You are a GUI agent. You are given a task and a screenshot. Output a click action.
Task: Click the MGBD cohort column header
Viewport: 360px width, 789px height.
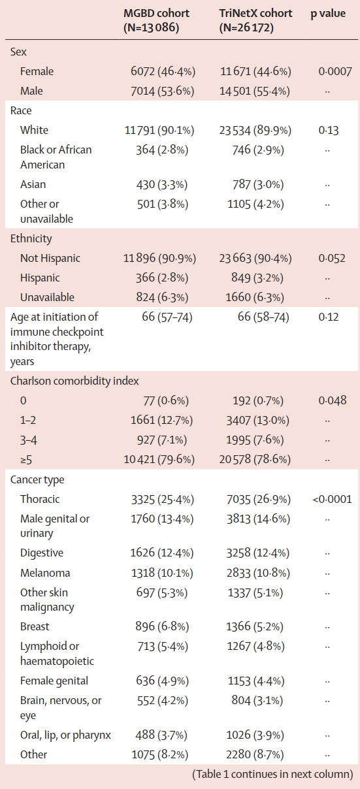coord(156,20)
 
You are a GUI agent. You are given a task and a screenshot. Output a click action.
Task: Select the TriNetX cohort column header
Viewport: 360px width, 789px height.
coord(255,20)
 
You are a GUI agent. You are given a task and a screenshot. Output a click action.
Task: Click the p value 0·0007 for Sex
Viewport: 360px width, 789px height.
coord(335,71)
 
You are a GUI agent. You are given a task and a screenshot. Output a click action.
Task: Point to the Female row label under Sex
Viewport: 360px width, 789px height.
coord(37,71)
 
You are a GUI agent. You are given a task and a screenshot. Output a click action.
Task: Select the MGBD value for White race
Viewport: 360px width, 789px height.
coord(159,131)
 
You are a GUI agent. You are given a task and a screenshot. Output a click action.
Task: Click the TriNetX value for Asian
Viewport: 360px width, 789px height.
coord(258,185)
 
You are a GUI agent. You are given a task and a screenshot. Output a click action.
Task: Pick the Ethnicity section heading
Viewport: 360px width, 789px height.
coord(31,239)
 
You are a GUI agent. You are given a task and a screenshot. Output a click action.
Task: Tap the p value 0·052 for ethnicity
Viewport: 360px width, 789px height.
coord(332,258)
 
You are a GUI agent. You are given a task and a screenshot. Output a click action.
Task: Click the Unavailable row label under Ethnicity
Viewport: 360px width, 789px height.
coord(47,297)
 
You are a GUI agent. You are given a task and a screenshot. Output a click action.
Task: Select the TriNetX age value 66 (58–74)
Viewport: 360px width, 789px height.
coord(263,317)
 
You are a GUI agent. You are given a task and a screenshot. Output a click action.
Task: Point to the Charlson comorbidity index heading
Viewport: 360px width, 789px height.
coord(74,381)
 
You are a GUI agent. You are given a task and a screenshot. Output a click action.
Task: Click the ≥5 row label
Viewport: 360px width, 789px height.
coord(26,460)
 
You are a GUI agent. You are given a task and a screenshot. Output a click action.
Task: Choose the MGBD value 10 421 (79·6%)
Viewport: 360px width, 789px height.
coord(159,460)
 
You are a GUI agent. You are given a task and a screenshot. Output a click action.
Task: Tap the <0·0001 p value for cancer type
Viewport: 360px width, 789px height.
coord(332,499)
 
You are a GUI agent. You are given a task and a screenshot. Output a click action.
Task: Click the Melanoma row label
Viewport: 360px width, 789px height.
coord(45,573)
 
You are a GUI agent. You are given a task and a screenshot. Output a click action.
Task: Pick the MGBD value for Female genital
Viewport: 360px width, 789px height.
coord(163,681)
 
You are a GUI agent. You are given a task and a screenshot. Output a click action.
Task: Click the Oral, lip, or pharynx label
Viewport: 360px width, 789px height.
coord(65,735)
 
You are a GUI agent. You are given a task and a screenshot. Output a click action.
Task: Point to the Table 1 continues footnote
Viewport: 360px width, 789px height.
coord(272,774)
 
